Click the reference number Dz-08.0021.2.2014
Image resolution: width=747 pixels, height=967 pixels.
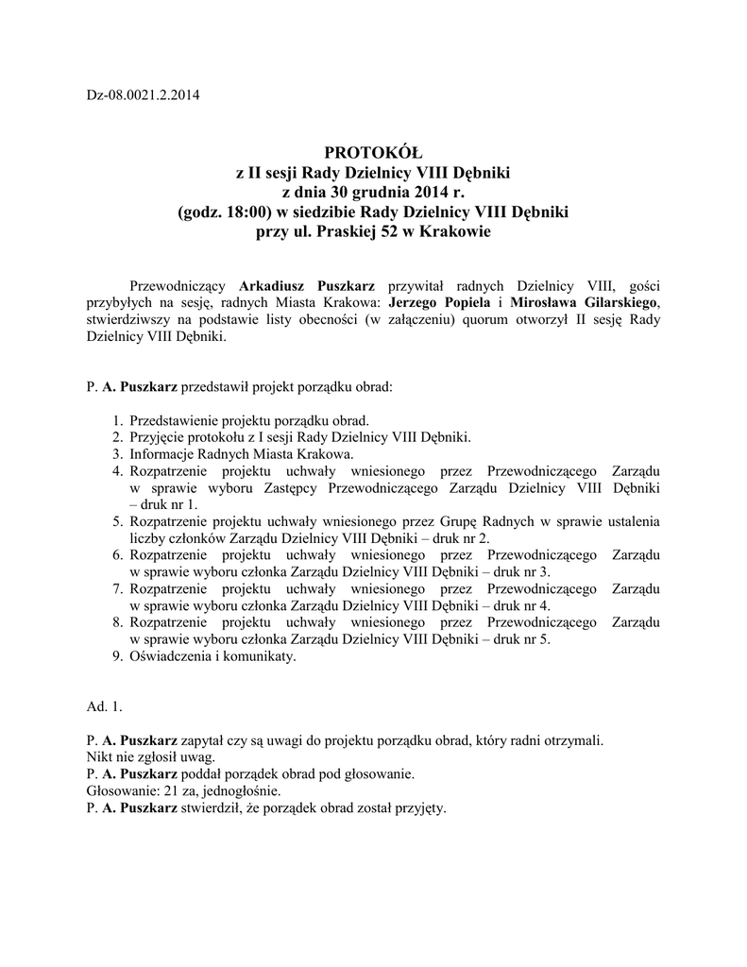pos(142,94)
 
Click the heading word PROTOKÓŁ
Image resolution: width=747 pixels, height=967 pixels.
pos(373,154)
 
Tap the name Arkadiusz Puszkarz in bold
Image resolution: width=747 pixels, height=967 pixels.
pos(307,284)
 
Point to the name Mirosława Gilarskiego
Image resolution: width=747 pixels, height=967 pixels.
pos(581,302)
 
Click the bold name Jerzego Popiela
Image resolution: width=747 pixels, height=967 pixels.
pos(440,302)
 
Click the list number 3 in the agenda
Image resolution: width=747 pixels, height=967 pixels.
pos(118,453)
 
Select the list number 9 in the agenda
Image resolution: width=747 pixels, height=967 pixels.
pos(118,657)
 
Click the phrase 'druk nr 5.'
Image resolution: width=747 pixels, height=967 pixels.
pos(518,640)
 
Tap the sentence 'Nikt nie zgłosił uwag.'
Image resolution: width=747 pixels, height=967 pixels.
pos(150,757)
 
